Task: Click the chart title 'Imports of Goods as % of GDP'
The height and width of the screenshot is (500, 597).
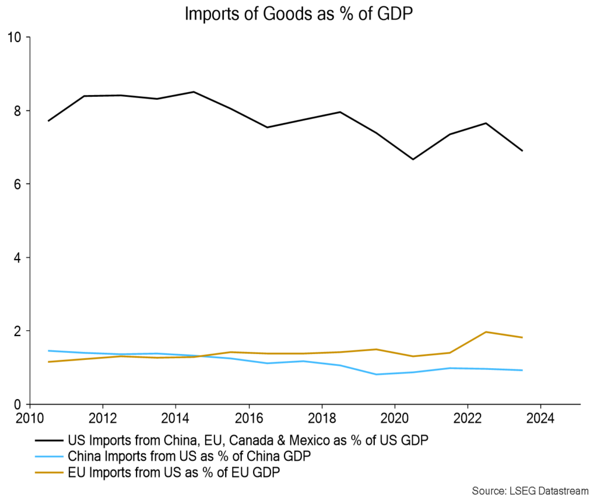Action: [x=298, y=15]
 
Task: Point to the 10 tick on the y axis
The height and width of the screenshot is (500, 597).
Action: [x=14, y=37]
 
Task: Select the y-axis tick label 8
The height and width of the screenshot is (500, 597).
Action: [x=17, y=111]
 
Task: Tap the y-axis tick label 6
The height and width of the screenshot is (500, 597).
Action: [x=17, y=184]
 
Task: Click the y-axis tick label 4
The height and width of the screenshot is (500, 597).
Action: [x=17, y=258]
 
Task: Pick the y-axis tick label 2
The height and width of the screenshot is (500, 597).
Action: [x=17, y=331]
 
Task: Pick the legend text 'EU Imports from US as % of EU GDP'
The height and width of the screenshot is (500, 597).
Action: [x=174, y=473]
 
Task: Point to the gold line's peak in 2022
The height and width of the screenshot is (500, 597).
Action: [x=486, y=332]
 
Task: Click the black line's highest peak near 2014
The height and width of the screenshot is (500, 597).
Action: [x=194, y=92]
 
